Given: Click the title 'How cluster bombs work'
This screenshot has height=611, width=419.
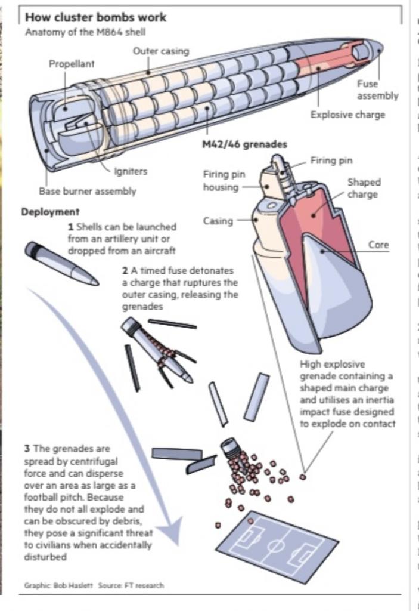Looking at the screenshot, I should click(95, 17).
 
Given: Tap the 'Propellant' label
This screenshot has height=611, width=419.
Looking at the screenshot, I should click(72, 64).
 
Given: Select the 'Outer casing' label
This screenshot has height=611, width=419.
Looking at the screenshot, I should click(160, 51).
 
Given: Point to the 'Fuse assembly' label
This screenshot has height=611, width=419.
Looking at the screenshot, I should click(377, 90).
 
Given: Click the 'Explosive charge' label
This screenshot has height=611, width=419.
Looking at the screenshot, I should click(347, 115).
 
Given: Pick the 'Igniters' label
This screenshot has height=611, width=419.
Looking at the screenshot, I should click(131, 171).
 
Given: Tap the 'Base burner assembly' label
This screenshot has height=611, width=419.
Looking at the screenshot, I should click(88, 192).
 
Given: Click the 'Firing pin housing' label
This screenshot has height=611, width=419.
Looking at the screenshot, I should click(224, 180).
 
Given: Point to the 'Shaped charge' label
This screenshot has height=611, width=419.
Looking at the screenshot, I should click(364, 188).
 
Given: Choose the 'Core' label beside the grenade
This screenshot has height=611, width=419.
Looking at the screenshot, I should click(378, 245).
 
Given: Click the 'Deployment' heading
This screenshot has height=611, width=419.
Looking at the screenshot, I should click(51, 212).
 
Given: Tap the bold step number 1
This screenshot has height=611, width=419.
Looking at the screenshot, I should click(70, 227).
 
